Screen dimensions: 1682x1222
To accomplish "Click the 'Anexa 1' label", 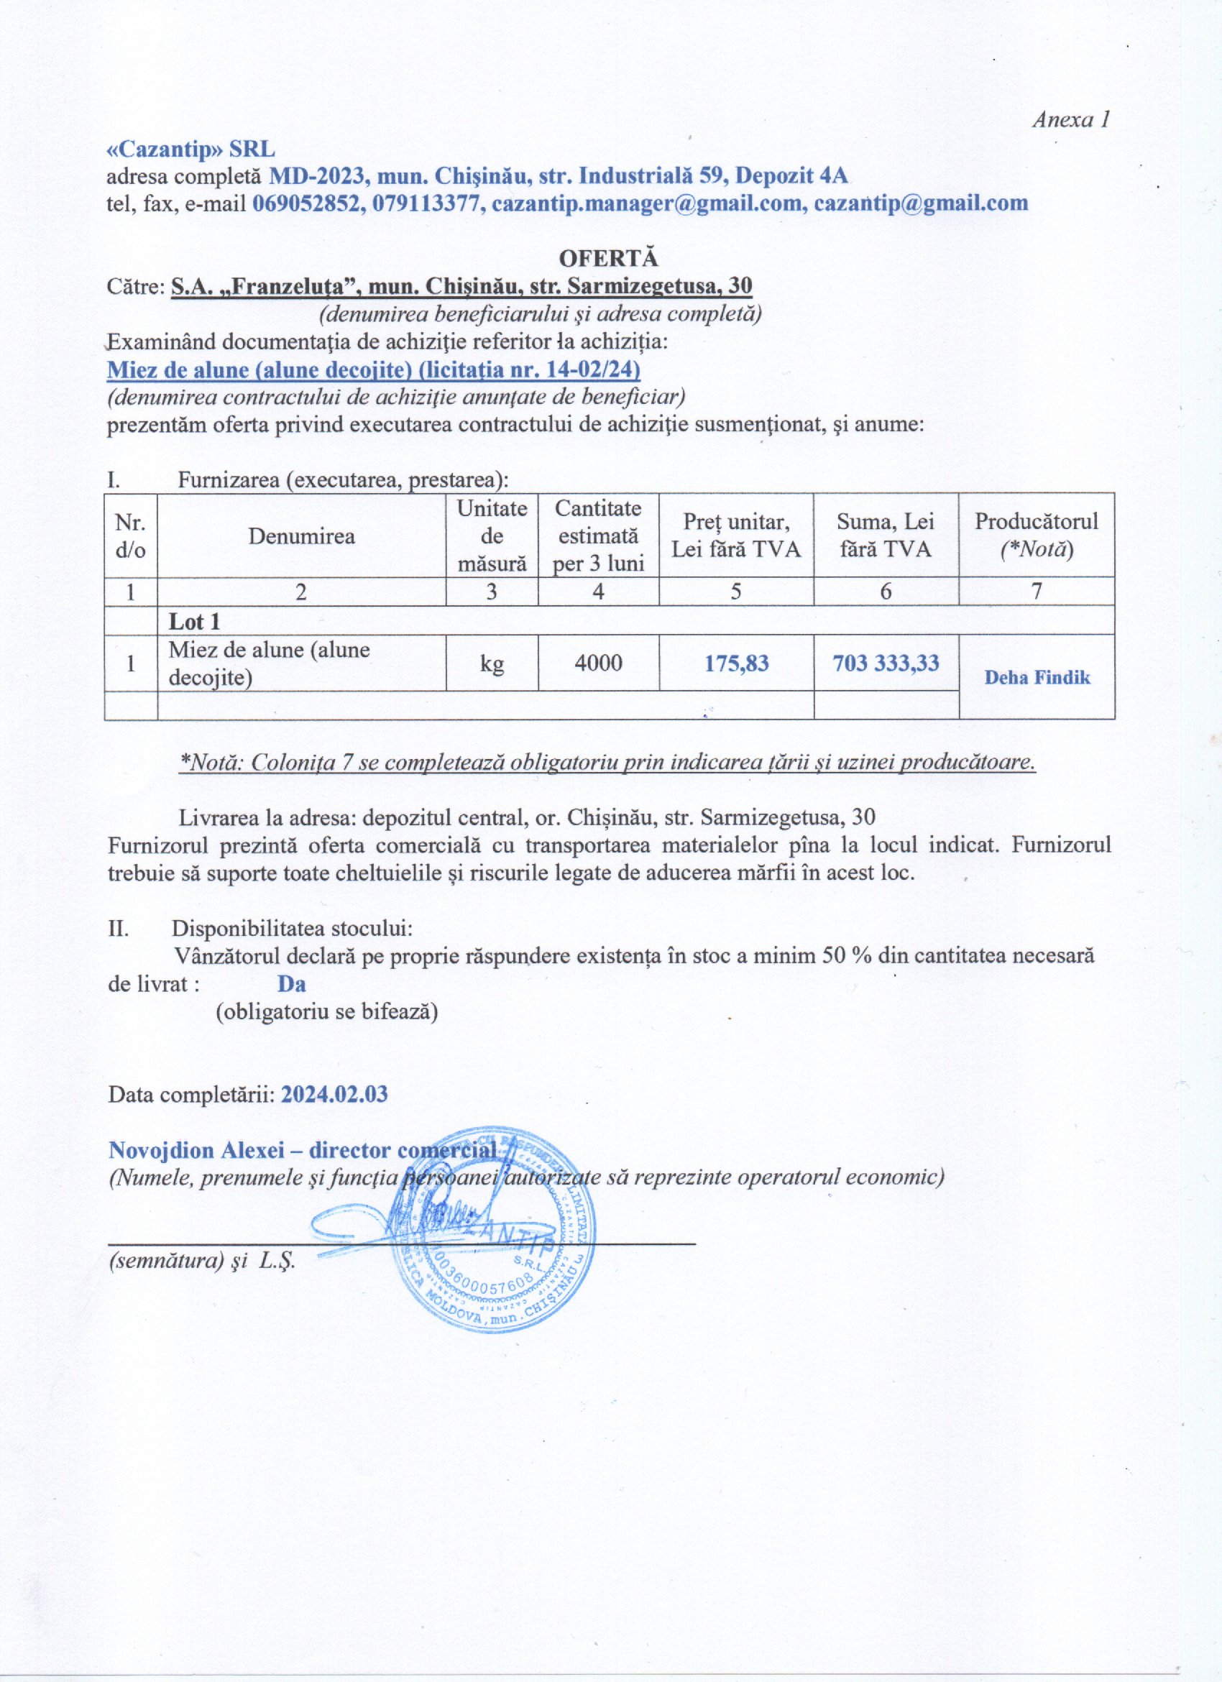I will click(1071, 120).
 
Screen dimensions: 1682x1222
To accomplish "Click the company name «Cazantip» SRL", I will click(190, 149).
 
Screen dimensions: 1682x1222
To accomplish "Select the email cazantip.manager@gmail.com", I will click(649, 203).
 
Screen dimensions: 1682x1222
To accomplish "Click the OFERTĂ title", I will click(608, 258).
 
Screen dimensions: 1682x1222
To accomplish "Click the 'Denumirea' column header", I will click(301, 536).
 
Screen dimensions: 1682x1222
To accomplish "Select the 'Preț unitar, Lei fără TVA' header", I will click(735, 536).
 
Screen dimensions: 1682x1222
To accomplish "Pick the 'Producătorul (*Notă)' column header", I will click(1036, 536).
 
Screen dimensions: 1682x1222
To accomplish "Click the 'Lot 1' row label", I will click(194, 622).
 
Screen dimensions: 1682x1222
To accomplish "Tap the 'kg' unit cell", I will click(492, 663).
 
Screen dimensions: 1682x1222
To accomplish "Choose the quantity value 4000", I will click(598, 662).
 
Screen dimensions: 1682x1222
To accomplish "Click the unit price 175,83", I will click(736, 662).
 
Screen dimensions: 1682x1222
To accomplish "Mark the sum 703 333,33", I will click(886, 662).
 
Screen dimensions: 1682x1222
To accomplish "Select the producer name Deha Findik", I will click(1037, 677).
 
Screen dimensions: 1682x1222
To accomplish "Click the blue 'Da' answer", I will click(291, 984).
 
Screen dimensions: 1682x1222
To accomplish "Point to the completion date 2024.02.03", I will click(334, 1095).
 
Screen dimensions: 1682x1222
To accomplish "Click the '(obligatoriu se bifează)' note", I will click(326, 1011).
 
